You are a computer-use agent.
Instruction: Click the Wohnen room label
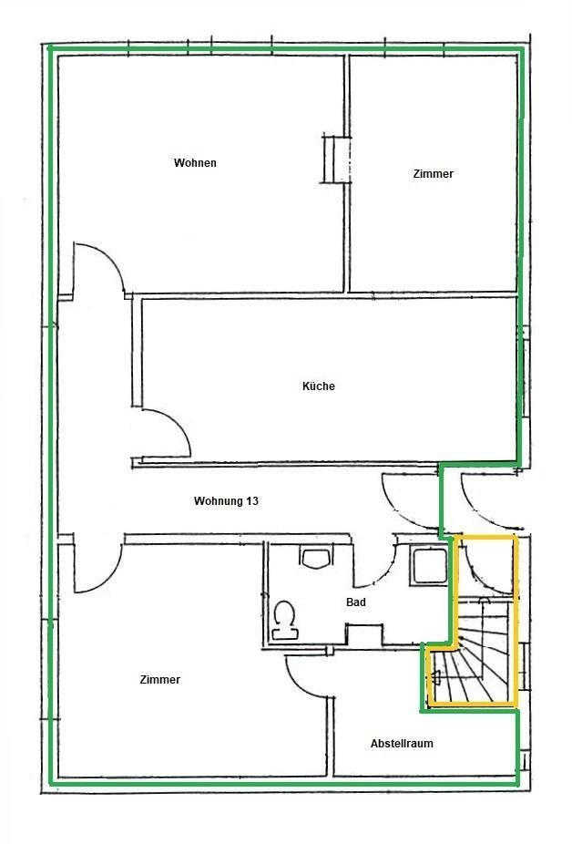(195, 162)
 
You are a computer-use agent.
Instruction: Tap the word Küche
(319, 386)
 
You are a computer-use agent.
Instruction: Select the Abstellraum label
(402, 744)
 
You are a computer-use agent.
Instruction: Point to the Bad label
(356, 602)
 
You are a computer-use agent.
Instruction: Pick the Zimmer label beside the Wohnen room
(434, 174)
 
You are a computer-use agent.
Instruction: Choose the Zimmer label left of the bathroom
(159, 679)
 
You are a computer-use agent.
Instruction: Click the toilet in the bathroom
(285, 620)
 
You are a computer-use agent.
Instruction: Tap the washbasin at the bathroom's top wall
(316, 558)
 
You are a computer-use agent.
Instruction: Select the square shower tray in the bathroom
(429, 566)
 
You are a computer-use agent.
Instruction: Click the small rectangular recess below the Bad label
(364, 634)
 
